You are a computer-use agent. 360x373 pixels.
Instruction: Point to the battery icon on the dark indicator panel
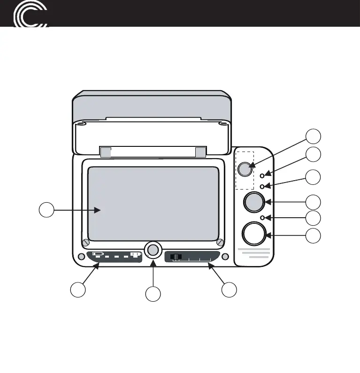coord(98,254)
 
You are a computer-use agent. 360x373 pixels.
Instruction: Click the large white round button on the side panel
coord(253,233)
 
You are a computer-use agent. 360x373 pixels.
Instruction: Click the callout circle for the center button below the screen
coord(153,294)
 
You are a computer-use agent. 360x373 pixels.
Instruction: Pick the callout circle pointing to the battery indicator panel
coord(78,289)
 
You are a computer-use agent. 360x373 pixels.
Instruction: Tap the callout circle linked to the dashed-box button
coord(313,136)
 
